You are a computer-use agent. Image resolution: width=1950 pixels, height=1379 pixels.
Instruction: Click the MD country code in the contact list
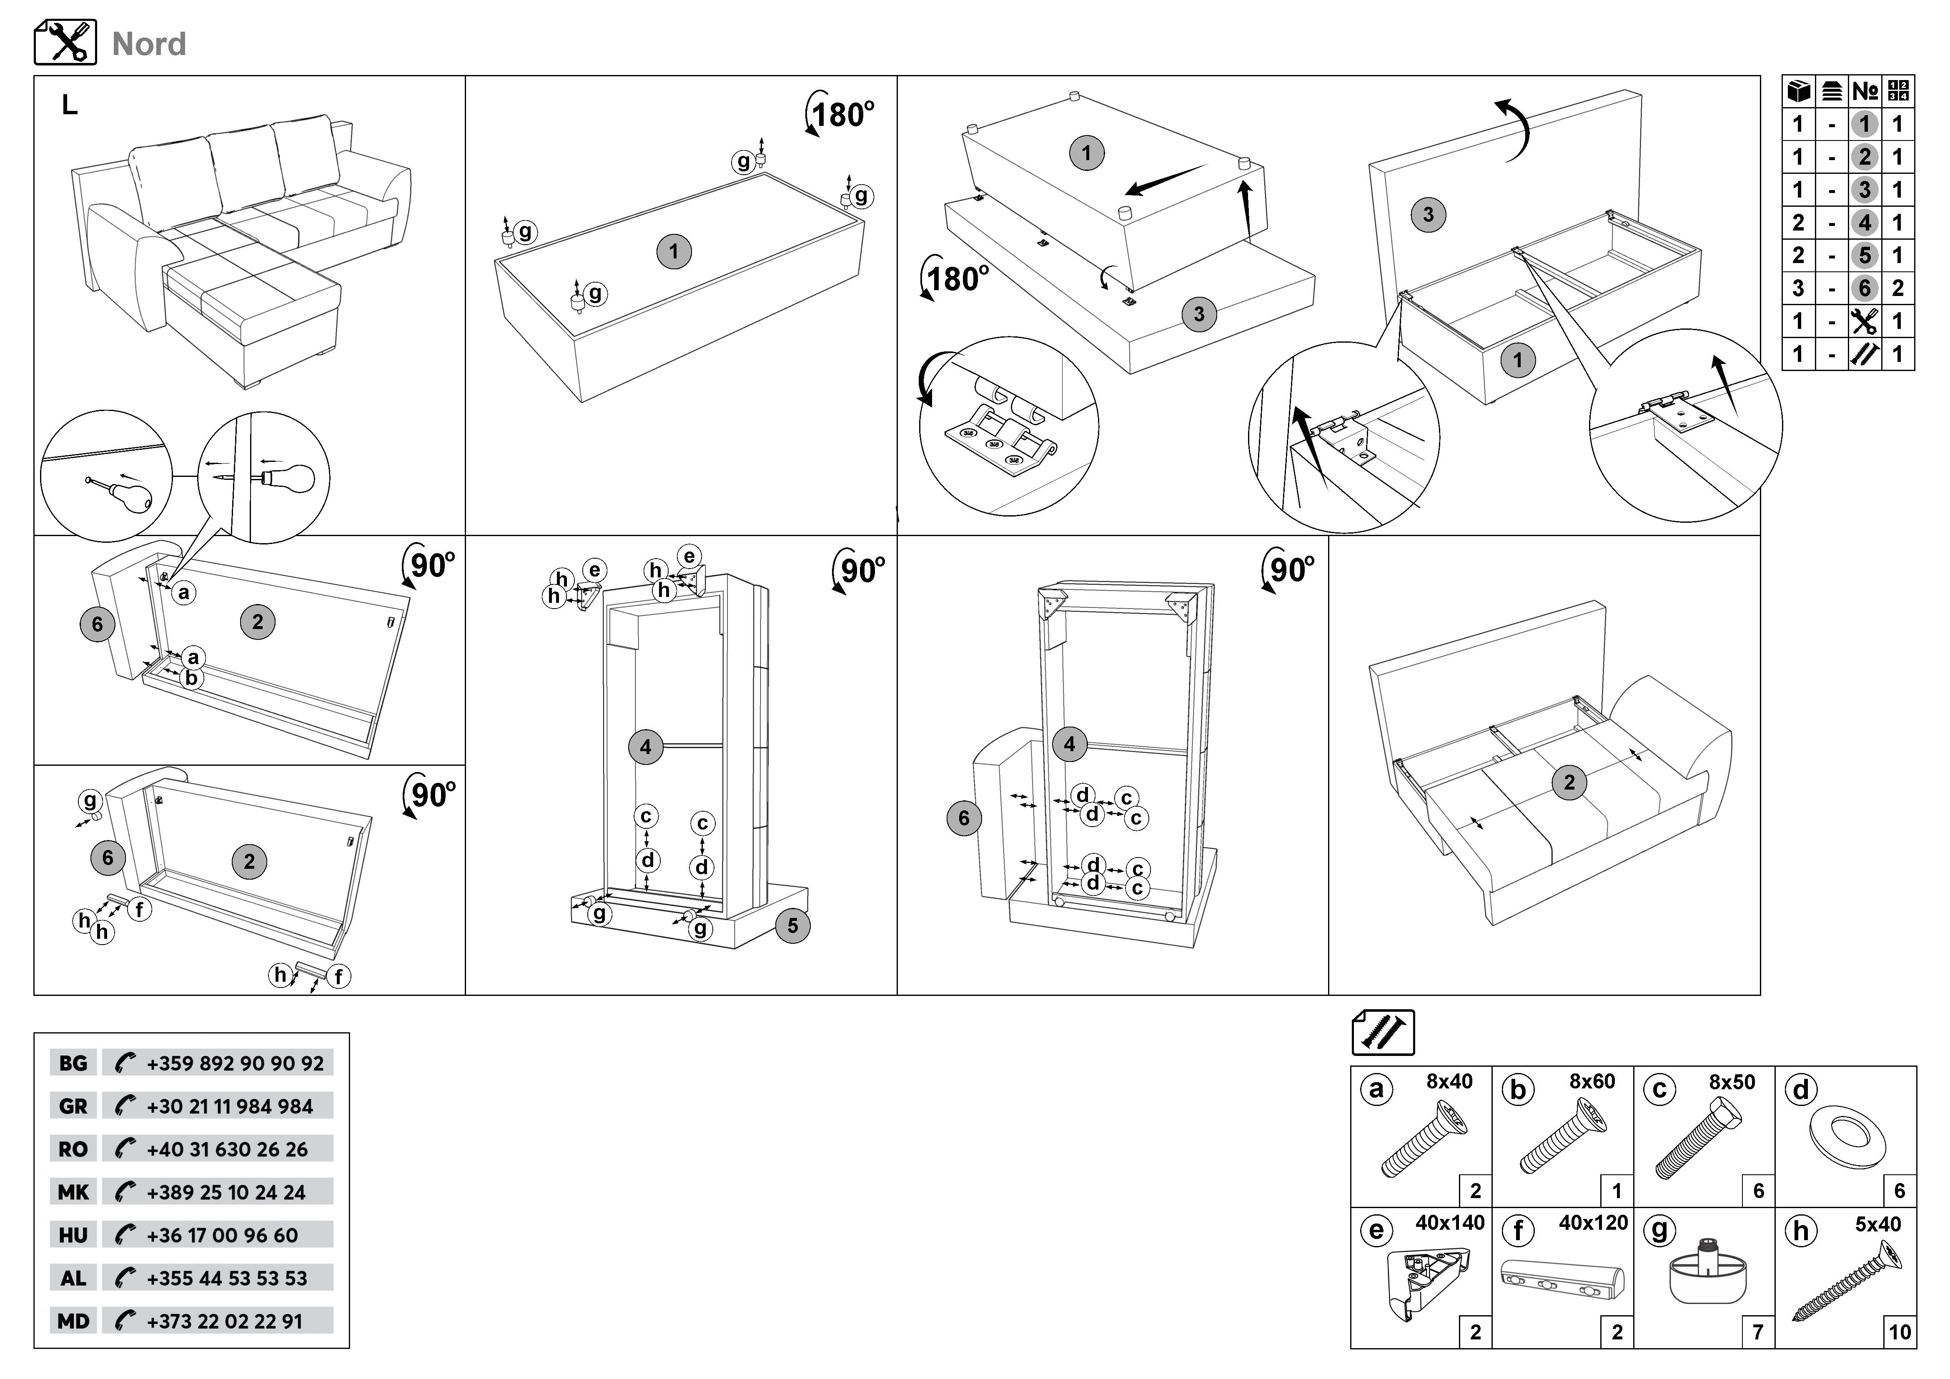(x=73, y=1321)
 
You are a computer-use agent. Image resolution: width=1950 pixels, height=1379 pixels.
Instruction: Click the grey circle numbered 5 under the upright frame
(x=792, y=925)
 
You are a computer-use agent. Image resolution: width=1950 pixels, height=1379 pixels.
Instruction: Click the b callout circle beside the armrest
(x=192, y=679)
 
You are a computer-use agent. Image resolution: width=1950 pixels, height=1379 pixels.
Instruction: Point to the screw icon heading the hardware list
(x=1383, y=1033)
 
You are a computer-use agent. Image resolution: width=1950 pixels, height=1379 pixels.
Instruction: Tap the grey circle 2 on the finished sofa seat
(x=1569, y=782)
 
